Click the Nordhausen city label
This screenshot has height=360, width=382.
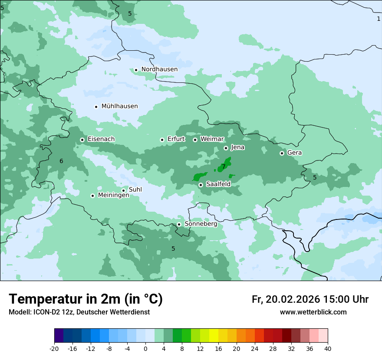point(159,69)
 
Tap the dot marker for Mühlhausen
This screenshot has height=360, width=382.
point(96,107)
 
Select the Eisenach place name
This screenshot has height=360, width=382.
point(101,139)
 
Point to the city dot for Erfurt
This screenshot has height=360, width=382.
point(162,140)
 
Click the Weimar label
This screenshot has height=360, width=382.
point(212,139)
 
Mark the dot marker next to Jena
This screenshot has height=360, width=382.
point(226,148)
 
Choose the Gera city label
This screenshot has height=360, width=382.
point(294,153)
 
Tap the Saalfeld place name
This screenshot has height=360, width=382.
point(218,184)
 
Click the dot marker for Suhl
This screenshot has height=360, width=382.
point(124,190)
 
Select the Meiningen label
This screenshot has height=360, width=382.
point(113,196)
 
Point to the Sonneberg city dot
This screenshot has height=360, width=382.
point(179,224)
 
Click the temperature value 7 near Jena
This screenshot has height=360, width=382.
point(224,167)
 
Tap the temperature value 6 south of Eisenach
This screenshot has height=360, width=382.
point(61,161)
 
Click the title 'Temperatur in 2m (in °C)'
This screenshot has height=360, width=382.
point(86,299)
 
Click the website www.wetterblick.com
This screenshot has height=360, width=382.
point(313,312)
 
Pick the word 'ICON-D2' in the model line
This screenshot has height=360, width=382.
point(46,312)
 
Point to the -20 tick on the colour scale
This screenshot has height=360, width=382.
point(54,348)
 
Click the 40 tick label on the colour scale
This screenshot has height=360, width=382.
point(328,348)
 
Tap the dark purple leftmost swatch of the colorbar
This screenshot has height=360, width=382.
point(59,336)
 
